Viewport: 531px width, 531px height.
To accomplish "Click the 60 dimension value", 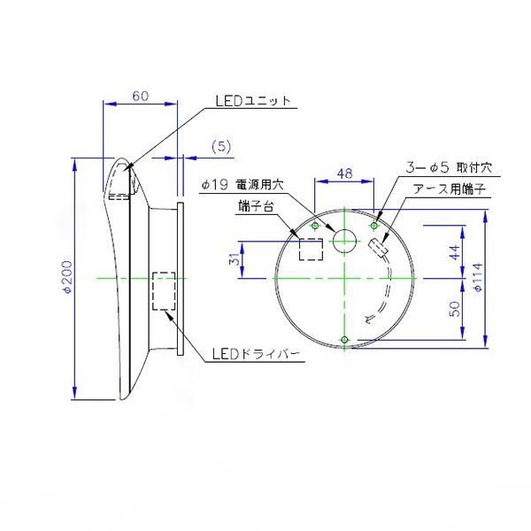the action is pos(140,96).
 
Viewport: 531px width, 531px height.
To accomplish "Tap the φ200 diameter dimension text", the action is pos(68,277).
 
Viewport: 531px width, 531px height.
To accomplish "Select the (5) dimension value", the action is pos(221,147).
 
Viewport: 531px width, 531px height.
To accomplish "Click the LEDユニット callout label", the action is pos(253,101).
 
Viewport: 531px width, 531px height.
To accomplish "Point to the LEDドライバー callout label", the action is pos(256,354).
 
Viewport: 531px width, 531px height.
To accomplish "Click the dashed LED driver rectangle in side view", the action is pos(164,291).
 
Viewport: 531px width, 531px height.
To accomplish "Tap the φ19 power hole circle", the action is pos(345,241).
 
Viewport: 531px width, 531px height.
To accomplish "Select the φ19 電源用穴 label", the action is pos(242,185).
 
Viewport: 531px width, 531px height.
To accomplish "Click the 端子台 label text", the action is pos(256,206).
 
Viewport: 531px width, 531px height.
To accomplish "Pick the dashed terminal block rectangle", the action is pos(311,250).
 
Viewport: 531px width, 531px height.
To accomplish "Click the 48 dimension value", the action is pos(345,173).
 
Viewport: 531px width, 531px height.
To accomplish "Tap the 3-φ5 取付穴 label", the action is pos(449,167).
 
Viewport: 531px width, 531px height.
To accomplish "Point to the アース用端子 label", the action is pos(449,189).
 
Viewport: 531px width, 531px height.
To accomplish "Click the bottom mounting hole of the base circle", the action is pos(344,339).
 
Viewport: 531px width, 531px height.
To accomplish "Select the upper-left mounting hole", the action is pos(315,226).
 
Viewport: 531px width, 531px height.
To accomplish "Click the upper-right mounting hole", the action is pos(373,226).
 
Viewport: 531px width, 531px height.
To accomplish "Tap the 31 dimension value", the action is pos(235,259).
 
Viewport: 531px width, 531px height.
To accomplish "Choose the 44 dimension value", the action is pos(455,252).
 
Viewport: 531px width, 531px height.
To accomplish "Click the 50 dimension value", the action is pos(455,309).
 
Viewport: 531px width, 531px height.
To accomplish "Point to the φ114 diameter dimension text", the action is pos(478,277).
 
